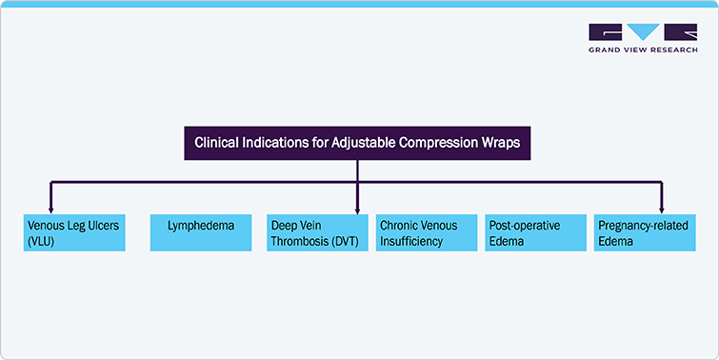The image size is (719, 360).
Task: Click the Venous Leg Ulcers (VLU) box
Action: click(74, 233)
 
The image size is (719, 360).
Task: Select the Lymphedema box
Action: click(198, 233)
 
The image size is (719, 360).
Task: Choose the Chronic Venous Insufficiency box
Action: click(425, 233)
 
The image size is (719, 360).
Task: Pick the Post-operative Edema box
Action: click(535, 233)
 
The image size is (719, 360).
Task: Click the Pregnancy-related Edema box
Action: click(644, 233)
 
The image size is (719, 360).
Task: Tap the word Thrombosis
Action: click(298, 242)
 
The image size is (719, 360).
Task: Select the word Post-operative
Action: click(524, 226)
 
